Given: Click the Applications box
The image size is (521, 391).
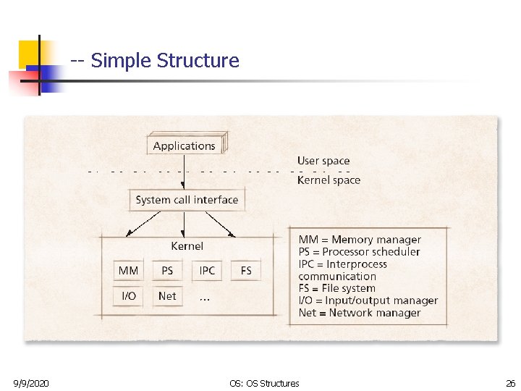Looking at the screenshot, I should (x=185, y=146).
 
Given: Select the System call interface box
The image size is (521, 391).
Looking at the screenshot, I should (x=187, y=200).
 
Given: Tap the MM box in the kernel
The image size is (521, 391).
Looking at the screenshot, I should (x=128, y=271).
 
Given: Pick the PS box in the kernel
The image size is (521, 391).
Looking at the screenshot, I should (x=167, y=271).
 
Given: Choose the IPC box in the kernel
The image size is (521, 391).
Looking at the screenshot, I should (x=207, y=271).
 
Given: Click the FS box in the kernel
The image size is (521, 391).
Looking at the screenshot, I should (x=246, y=271).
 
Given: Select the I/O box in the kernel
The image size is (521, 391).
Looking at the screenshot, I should (x=128, y=295).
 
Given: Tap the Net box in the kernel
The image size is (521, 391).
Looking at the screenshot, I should (x=167, y=295).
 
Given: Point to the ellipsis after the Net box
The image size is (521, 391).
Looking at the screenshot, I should (x=206, y=297).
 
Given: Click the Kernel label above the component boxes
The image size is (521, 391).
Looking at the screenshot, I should (x=187, y=246).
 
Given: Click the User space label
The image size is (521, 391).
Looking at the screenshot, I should (x=323, y=161).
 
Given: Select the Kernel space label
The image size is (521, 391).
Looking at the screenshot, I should (x=329, y=180).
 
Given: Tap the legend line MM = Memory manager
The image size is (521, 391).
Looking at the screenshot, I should (x=360, y=240).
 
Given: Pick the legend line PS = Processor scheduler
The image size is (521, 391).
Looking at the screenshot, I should (x=359, y=252).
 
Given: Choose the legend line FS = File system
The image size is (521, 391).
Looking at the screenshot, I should (x=337, y=288).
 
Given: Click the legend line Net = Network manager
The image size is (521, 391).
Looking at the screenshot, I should (x=360, y=313).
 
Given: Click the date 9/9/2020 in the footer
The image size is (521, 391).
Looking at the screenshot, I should (x=31, y=383).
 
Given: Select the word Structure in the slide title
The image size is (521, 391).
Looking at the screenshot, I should (x=198, y=61).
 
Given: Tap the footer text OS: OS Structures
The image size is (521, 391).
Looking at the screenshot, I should (x=263, y=383).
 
